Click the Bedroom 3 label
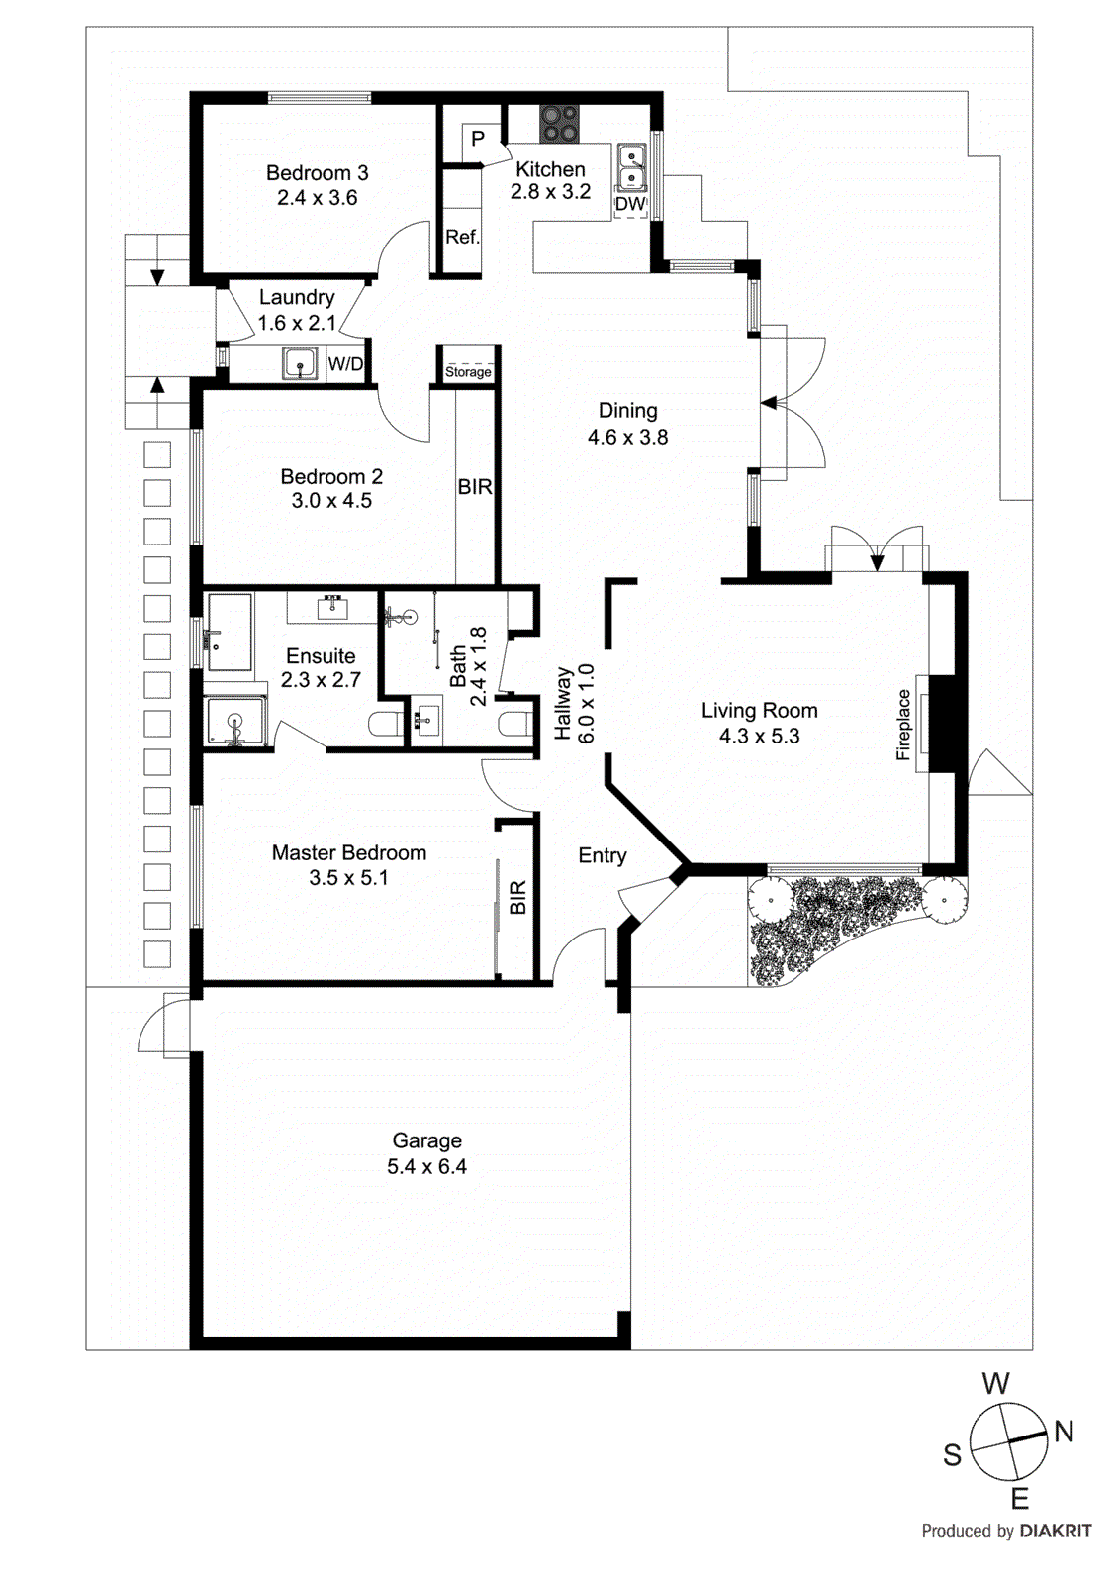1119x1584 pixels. point(317,173)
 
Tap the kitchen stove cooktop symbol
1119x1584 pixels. point(559,124)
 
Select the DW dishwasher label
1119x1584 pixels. point(630,204)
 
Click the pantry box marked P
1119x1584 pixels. point(478,139)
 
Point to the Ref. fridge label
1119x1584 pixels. point(462,238)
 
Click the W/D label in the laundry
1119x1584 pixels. point(345,364)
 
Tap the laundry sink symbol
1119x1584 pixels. point(300,363)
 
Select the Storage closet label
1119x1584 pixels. point(468,372)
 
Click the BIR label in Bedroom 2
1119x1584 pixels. point(475,487)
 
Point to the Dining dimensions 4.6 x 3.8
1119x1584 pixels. point(627,437)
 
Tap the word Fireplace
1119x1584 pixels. point(903,725)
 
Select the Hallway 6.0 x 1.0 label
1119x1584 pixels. point(574,704)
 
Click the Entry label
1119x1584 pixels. point(603,855)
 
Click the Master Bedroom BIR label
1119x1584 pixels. point(517,897)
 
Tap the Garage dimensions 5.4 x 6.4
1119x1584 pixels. point(426,1167)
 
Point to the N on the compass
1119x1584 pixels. point(1064,1431)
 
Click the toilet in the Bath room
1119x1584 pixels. point(513,725)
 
